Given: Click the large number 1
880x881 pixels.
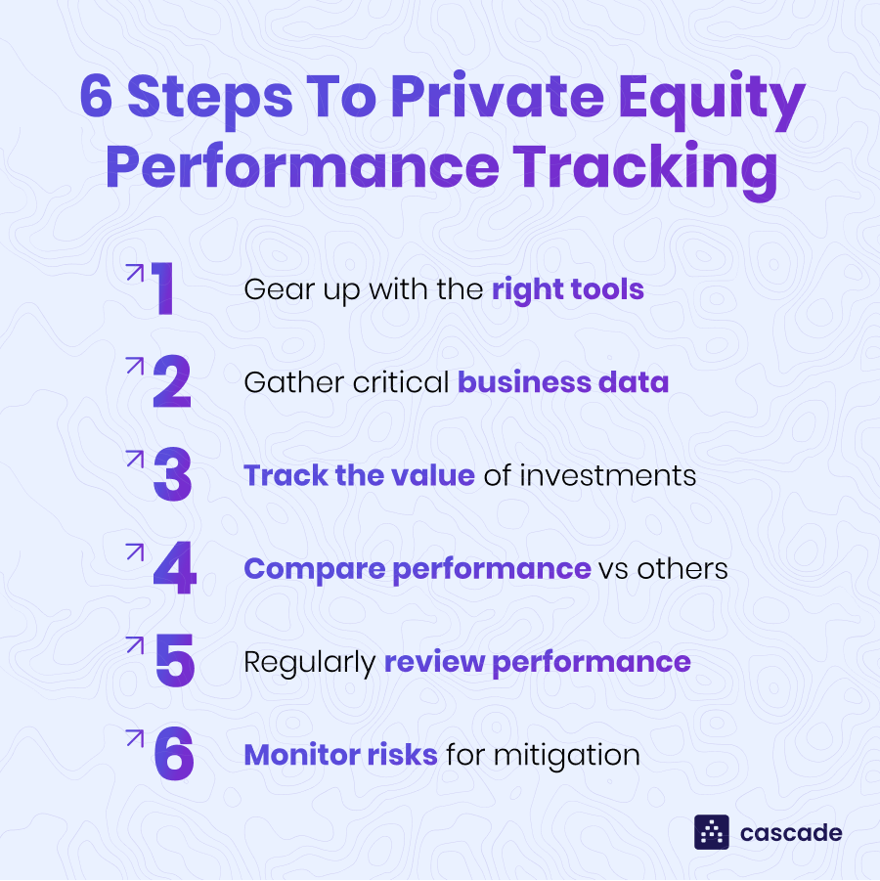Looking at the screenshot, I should [x=163, y=289].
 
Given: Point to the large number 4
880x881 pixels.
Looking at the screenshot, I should [x=175, y=569].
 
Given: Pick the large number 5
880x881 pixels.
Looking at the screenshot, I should [x=175, y=662].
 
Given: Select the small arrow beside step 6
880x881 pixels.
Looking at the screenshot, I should [x=135, y=738].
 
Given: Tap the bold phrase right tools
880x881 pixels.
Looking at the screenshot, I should [x=567, y=289].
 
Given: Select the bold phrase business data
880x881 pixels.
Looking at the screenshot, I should [x=563, y=381].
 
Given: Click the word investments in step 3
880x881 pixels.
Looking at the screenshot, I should [x=607, y=475].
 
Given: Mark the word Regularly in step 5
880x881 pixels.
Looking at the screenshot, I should [x=309, y=662].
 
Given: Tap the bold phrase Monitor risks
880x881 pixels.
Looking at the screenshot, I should [x=340, y=755].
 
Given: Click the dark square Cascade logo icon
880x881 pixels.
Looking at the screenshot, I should [x=712, y=832].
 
